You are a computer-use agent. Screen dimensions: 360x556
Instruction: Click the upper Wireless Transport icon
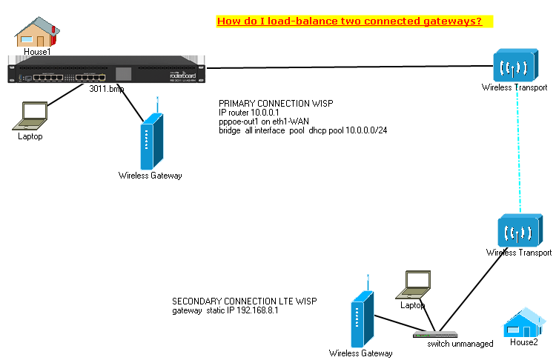click(x=514, y=66)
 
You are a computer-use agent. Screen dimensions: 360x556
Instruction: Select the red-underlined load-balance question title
click(x=349, y=21)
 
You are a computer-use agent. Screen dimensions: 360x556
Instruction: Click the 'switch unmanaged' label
click(x=460, y=344)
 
